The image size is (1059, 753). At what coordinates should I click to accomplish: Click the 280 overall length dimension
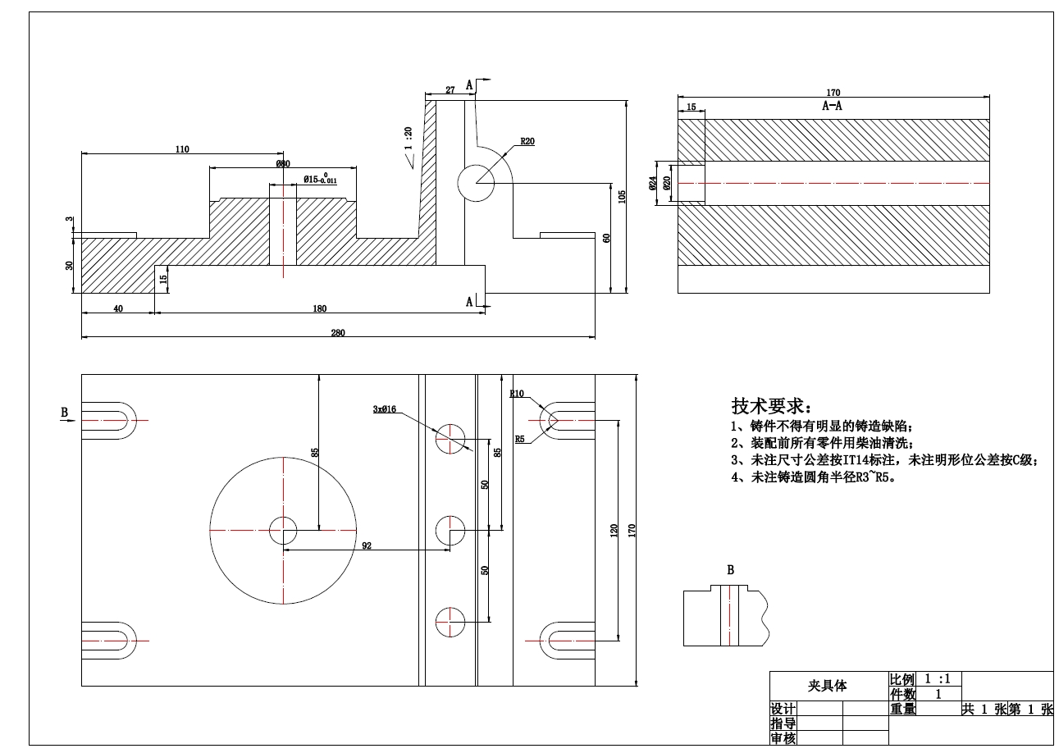pos(338,332)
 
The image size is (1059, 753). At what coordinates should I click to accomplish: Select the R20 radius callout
pos(527,141)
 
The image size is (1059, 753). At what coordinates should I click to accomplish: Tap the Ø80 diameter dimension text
pos(283,164)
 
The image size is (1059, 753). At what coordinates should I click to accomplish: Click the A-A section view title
pos(832,106)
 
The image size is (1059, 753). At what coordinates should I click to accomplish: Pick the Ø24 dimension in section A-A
pos(653,183)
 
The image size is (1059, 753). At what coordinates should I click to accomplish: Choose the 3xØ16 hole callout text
pos(385,408)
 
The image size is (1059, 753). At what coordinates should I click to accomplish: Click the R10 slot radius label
pos(517,394)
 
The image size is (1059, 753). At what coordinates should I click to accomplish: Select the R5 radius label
pos(519,439)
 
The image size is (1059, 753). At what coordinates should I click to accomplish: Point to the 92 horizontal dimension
pos(367,545)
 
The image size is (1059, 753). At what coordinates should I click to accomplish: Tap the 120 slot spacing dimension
pos(614,531)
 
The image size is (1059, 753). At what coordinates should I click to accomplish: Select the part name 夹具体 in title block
pos(827,686)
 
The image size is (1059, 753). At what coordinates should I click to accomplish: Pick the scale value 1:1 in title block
pos(938,679)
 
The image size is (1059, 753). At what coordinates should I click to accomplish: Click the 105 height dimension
pos(623,196)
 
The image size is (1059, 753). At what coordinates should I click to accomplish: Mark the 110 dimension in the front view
pos(182,149)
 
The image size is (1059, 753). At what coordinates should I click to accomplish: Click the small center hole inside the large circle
pos(283,531)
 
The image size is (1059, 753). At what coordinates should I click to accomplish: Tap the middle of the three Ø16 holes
pos(450,531)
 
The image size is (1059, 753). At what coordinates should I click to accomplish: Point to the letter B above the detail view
pos(730,570)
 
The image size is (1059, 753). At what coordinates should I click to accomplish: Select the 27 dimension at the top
pos(450,90)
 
